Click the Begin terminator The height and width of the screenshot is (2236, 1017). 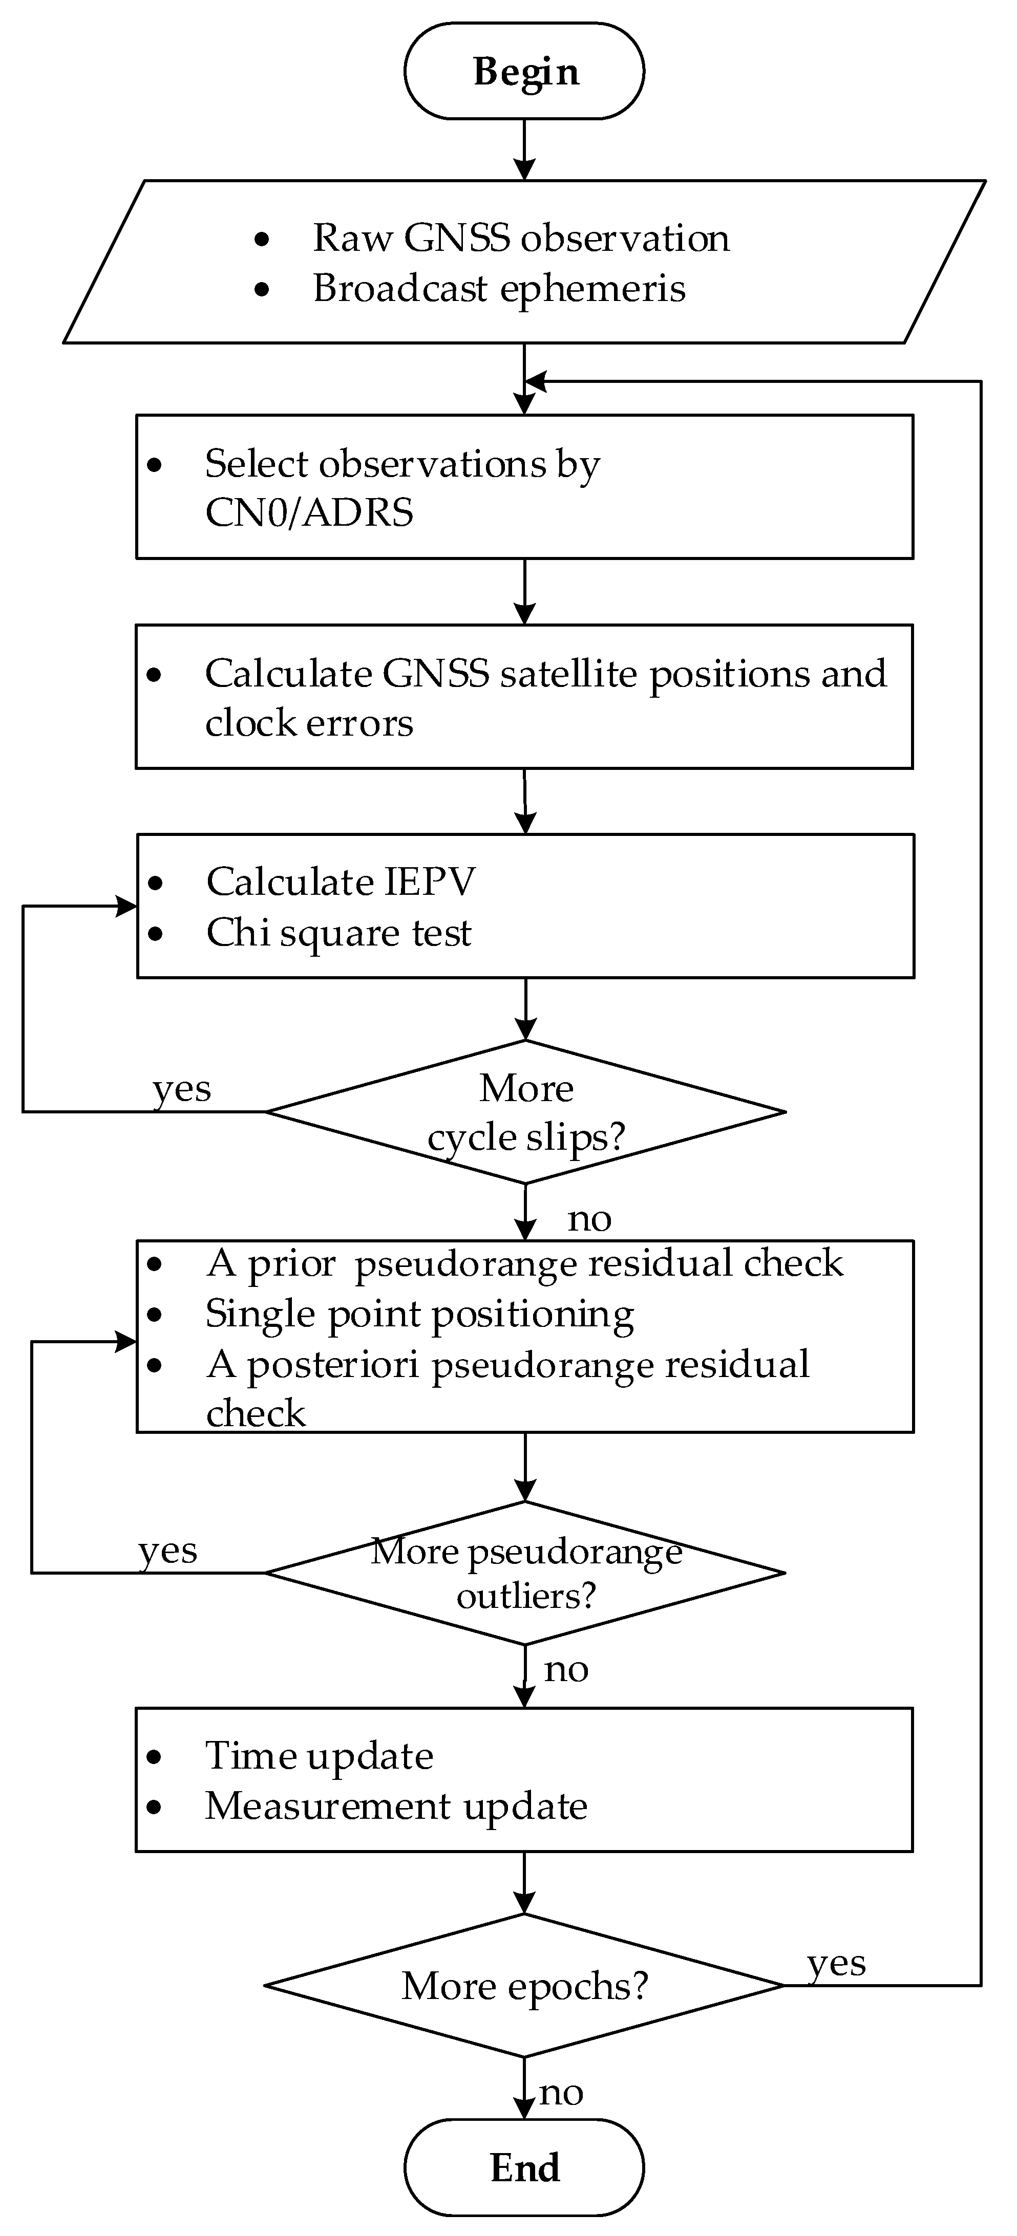pyautogui.click(x=524, y=71)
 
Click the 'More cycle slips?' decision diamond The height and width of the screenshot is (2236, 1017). pyautogui.click(x=525, y=1112)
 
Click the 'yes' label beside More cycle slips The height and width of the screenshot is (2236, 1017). pyautogui.click(x=181, y=1088)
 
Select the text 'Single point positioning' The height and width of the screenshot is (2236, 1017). pyautogui.click(x=419, y=1314)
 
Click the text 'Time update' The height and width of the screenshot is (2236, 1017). pyautogui.click(x=319, y=1756)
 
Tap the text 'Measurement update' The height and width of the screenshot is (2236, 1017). pyautogui.click(x=396, y=1807)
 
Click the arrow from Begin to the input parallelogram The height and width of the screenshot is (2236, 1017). pyautogui.click(x=524, y=149)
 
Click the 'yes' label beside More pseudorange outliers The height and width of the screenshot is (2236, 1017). pyautogui.click(x=167, y=1550)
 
